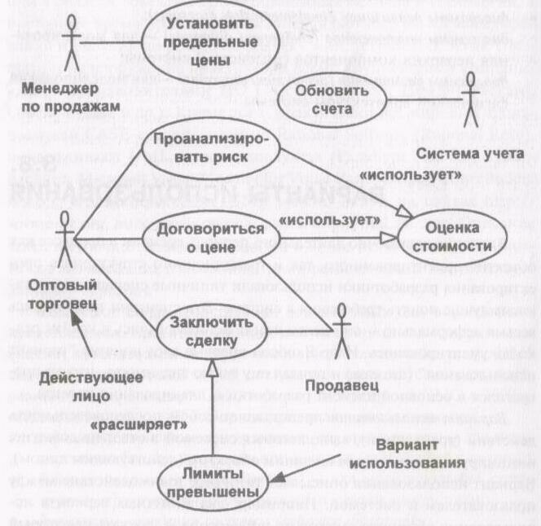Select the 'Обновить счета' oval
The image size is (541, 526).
322,99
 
